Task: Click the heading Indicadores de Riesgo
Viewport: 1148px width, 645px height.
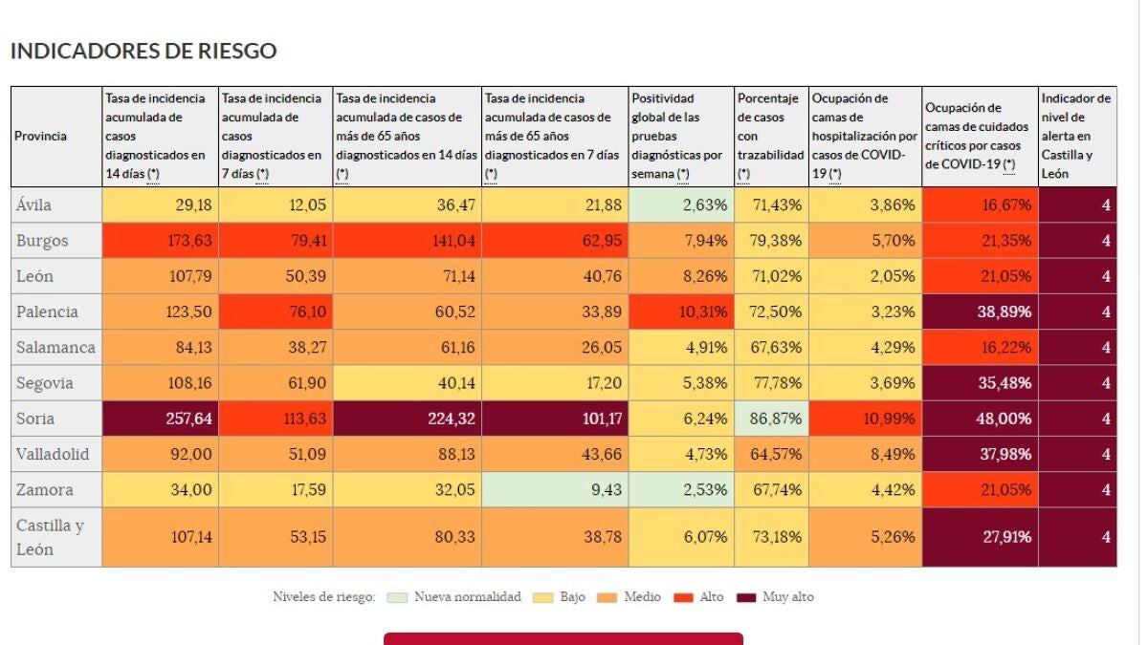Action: (143, 51)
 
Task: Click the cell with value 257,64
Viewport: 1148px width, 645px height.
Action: (161, 419)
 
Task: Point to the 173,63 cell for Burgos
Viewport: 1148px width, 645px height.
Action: (161, 241)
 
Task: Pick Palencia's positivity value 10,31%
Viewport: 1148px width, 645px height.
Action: (681, 312)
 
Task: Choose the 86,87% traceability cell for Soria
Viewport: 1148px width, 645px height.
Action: (772, 419)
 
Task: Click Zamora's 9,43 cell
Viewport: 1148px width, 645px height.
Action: (555, 490)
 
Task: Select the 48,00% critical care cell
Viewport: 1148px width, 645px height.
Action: (981, 419)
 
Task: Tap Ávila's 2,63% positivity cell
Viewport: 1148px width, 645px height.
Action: (681, 205)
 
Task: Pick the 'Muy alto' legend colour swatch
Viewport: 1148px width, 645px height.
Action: (746, 597)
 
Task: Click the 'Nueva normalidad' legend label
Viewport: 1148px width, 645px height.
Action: (468, 597)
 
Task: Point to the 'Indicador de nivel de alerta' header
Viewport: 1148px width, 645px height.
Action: (1077, 136)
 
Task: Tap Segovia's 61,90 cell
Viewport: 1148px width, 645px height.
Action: (276, 383)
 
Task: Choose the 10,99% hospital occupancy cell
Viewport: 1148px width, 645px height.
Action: (866, 419)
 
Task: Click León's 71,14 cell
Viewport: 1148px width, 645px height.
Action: (408, 276)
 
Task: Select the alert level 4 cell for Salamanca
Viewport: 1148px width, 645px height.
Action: (1077, 348)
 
